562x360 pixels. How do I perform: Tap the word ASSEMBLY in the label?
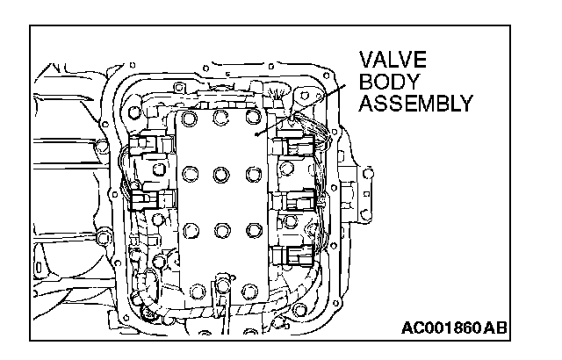[x=416, y=103]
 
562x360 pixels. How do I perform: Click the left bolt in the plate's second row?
[x=190, y=172]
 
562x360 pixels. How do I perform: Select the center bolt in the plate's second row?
[x=222, y=172]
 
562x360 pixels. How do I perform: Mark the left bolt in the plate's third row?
[x=190, y=230]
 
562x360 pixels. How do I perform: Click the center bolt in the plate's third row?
[x=222, y=230]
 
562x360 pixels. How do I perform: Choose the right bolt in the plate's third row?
[x=255, y=230]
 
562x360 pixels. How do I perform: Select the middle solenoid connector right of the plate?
[x=295, y=200]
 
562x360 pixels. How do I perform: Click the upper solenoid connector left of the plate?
[x=147, y=147]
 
